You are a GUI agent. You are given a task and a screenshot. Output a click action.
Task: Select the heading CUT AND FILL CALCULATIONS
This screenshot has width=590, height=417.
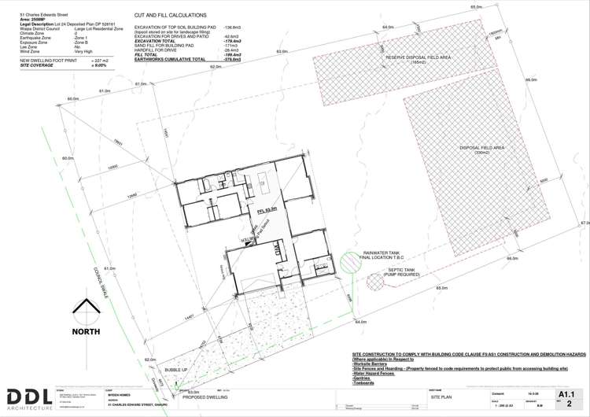[171, 15]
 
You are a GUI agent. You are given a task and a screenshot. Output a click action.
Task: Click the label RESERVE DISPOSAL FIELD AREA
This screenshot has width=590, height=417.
[418, 58]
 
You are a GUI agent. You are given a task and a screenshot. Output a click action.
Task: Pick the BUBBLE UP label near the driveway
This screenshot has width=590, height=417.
[176, 369]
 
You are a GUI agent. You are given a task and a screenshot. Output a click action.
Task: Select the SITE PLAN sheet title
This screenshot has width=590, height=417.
[443, 398]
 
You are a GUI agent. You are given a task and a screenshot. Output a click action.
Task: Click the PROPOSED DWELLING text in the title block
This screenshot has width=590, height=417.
[205, 398]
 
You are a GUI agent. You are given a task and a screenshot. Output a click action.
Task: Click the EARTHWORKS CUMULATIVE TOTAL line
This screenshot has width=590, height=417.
[170, 60]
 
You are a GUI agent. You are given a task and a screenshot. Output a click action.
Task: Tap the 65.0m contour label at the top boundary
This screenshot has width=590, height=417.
[476, 7]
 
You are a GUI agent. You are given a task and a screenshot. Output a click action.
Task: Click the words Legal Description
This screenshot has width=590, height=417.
[35, 24]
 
